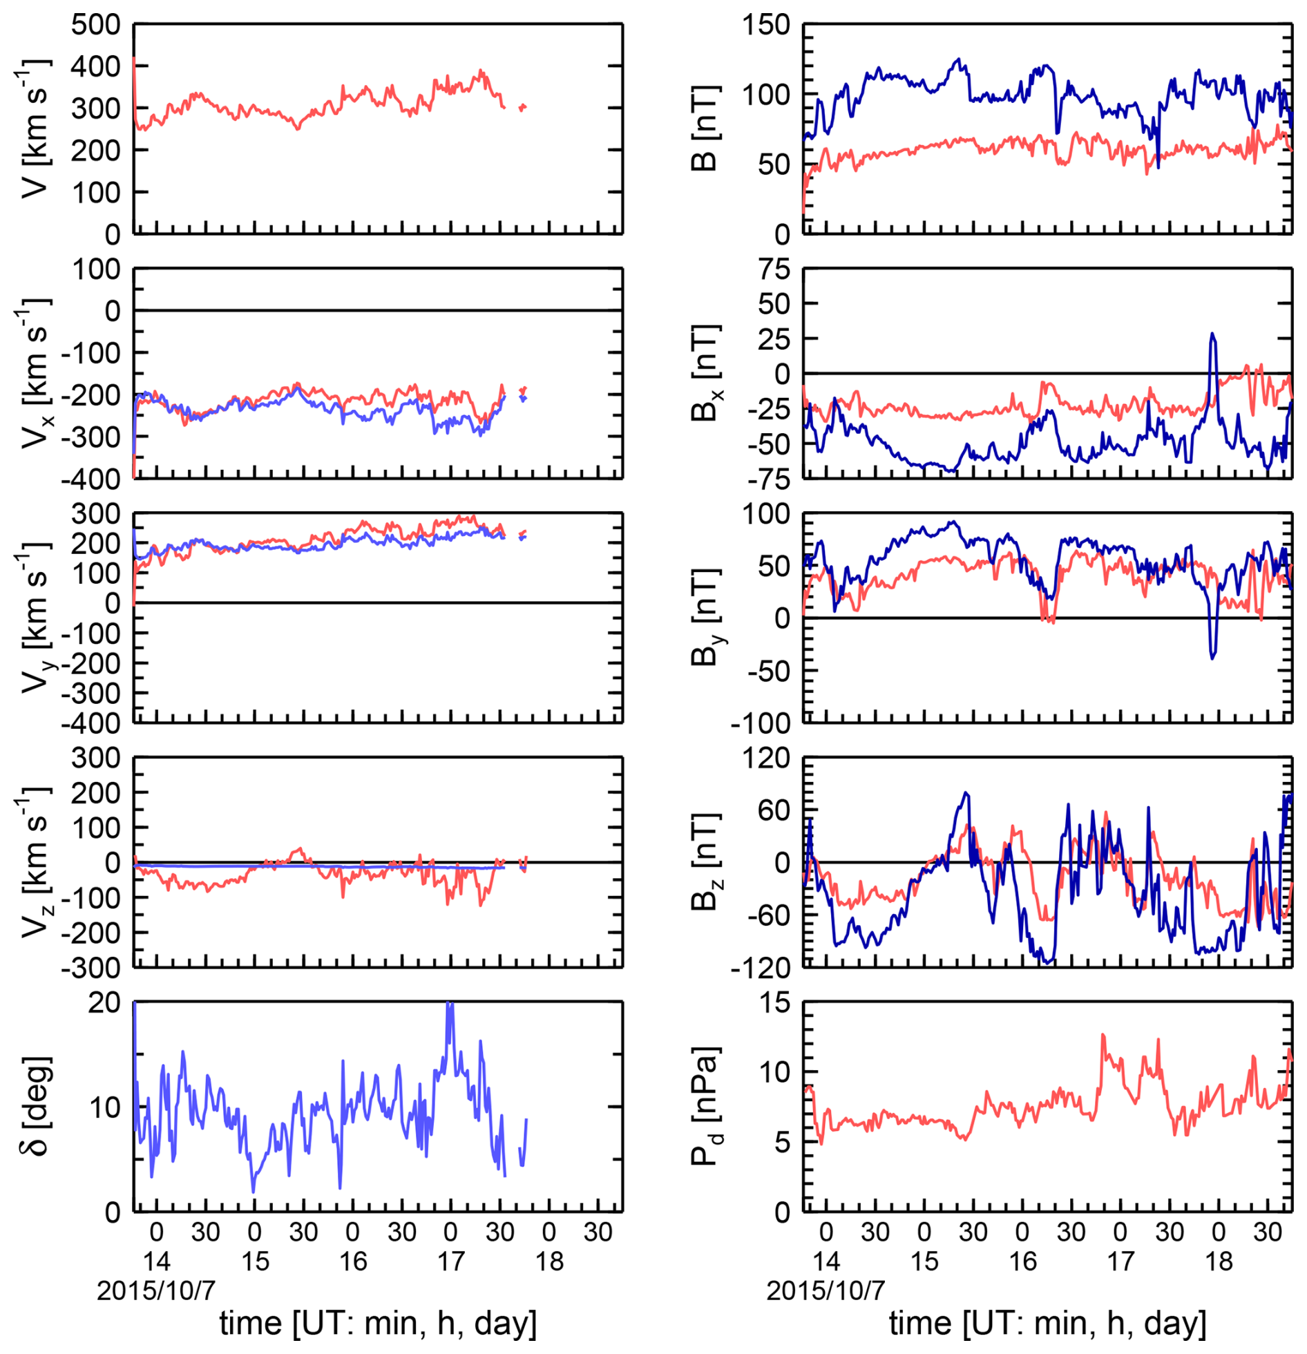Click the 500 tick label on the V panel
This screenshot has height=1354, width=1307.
[x=95, y=25]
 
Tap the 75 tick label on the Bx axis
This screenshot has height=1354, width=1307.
[x=774, y=269]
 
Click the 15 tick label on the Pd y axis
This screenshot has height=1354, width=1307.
[x=774, y=1002]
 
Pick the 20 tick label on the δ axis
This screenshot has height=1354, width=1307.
[x=104, y=1002]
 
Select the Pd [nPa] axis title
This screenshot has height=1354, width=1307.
[x=705, y=1105]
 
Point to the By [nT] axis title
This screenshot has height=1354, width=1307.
[x=705, y=617]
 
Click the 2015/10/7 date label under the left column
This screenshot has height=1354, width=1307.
[x=156, y=1290]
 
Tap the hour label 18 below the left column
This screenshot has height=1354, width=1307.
[x=549, y=1261]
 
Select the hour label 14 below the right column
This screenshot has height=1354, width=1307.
[x=826, y=1261]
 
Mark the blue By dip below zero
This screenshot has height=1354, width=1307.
[x=1212, y=656]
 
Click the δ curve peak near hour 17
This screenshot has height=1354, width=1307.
[x=450, y=1004]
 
